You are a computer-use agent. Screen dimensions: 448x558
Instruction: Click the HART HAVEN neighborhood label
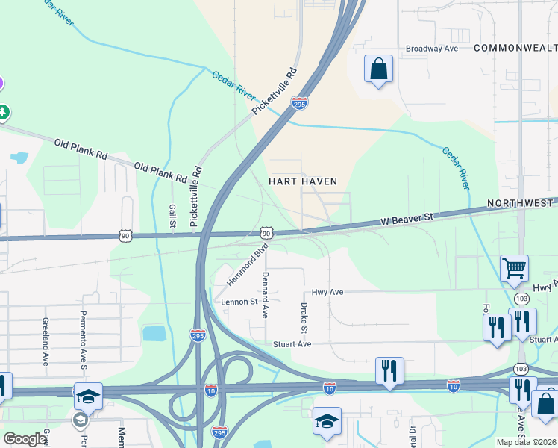coord(303,181)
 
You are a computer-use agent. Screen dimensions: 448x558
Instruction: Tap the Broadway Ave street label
coord(431,49)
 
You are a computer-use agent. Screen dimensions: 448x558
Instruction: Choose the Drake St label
coord(304,318)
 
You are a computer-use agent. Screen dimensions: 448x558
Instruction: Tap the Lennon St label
coord(239,302)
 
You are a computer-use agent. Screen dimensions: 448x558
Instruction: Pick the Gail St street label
coord(172,217)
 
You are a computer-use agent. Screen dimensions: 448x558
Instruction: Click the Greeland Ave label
coord(46,340)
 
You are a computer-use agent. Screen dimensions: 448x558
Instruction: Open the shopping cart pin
coord(514,268)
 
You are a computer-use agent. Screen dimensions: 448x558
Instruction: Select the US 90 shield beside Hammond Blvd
coord(266,234)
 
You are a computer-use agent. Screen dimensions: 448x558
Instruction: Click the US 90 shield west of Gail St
coord(125,236)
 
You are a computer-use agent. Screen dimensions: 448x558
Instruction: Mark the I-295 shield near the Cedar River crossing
coord(299,105)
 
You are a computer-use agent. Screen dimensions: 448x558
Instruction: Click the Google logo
coord(25,439)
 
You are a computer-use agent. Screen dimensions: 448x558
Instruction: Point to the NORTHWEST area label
coord(521,203)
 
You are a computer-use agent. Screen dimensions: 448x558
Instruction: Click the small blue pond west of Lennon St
coord(153,333)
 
